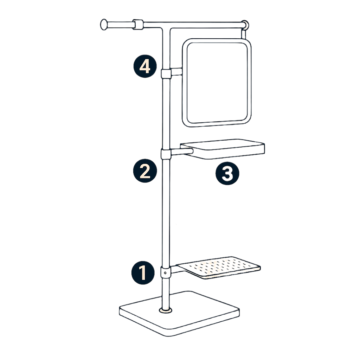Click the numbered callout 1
coord(143,273)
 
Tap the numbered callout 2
coord(145,171)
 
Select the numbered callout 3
coord(227,173)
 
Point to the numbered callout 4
coord(145,66)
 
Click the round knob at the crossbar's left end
coord(104,24)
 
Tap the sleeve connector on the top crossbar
coord(138,25)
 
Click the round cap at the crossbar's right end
coord(245,25)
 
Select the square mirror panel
coord(217,83)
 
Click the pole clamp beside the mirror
coord(166,73)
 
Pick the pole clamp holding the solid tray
coord(166,154)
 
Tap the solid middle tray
coord(222,149)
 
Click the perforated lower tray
coord(219,268)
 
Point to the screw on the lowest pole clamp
coord(165,273)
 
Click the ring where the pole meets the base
coord(166,310)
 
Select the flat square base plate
coord(179,314)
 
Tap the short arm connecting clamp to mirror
coord(176,72)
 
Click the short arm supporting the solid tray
coord(182,152)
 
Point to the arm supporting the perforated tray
coord(177,269)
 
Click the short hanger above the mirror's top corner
coord(244,34)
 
